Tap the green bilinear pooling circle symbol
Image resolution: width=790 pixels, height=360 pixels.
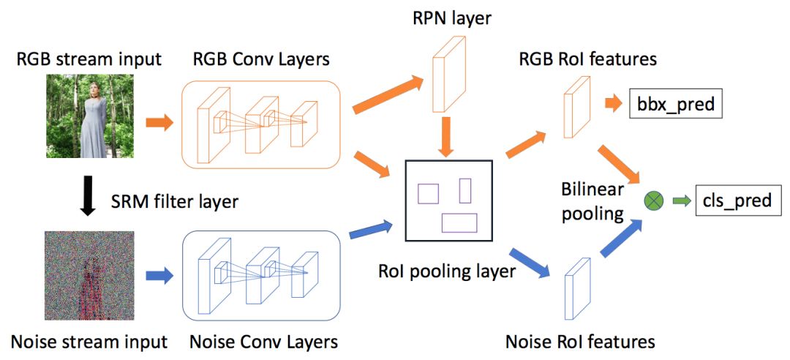click(653, 200)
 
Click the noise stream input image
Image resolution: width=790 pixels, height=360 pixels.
click(88, 275)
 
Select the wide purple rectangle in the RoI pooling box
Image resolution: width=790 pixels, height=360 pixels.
click(459, 222)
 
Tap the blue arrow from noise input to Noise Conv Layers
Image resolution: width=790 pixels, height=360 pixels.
click(158, 276)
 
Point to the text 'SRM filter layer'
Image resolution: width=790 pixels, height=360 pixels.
click(175, 200)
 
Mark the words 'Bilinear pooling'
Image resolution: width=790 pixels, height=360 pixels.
click(592, 201)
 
